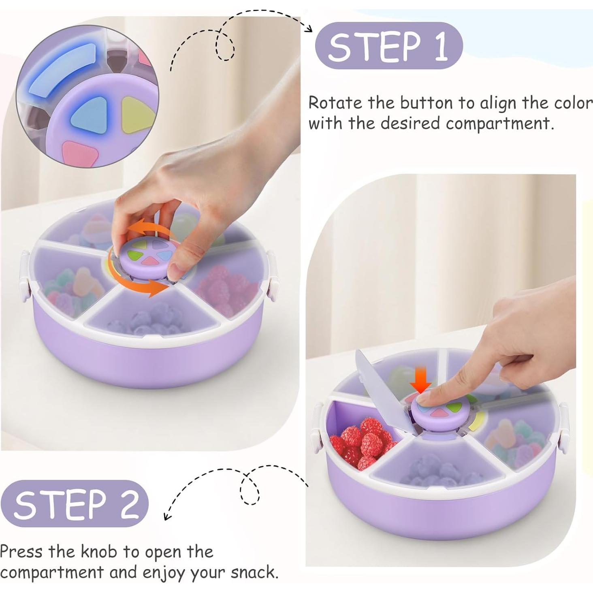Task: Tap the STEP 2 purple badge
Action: (75, 503)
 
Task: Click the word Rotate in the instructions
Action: (335, 103)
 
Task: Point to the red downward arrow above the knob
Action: (421, 380)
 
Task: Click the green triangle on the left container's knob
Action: (134, 254)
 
